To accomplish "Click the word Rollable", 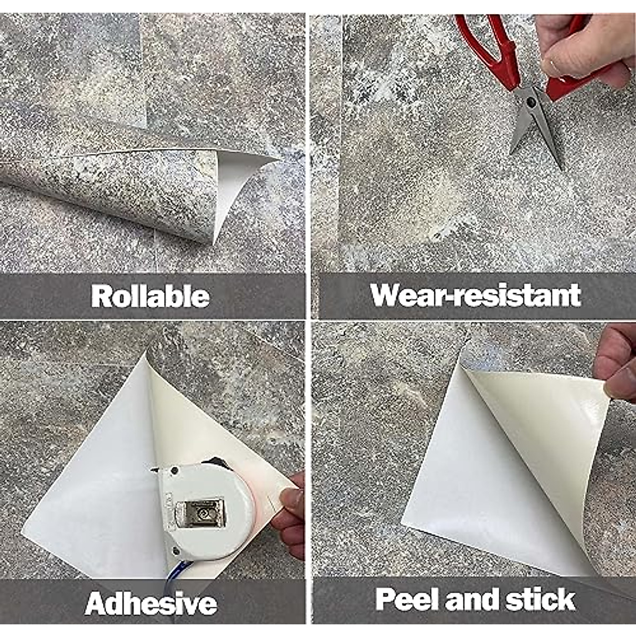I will coord(150,296).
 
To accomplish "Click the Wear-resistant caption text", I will coord(475,295).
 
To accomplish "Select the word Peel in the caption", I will coord(407,599).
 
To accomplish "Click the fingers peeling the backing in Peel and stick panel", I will coord(617,366).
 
